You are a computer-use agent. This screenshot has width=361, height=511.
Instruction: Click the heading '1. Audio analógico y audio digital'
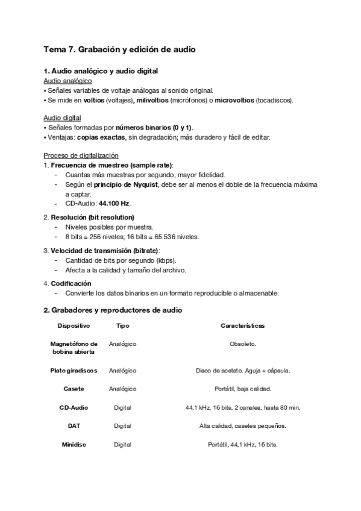pos(101,72)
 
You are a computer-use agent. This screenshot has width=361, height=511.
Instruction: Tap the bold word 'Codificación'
pos(71,283)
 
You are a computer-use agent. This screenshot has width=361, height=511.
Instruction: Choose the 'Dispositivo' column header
pos(74,326)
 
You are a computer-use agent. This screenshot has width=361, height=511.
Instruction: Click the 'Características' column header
pos(243,326)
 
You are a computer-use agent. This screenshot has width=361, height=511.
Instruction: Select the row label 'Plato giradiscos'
pos(74,371)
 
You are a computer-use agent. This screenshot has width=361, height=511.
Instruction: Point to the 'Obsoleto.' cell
pos(243,344)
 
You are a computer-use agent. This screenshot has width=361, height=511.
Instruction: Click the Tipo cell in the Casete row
pos(122,389)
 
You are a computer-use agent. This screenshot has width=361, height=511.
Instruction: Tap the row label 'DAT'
pos(74,426)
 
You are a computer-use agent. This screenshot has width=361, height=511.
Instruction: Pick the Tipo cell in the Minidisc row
pos(122,445)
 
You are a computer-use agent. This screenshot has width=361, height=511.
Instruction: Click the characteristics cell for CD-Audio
pos(243,408)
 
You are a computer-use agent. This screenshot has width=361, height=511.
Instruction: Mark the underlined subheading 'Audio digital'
pos(63,118)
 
